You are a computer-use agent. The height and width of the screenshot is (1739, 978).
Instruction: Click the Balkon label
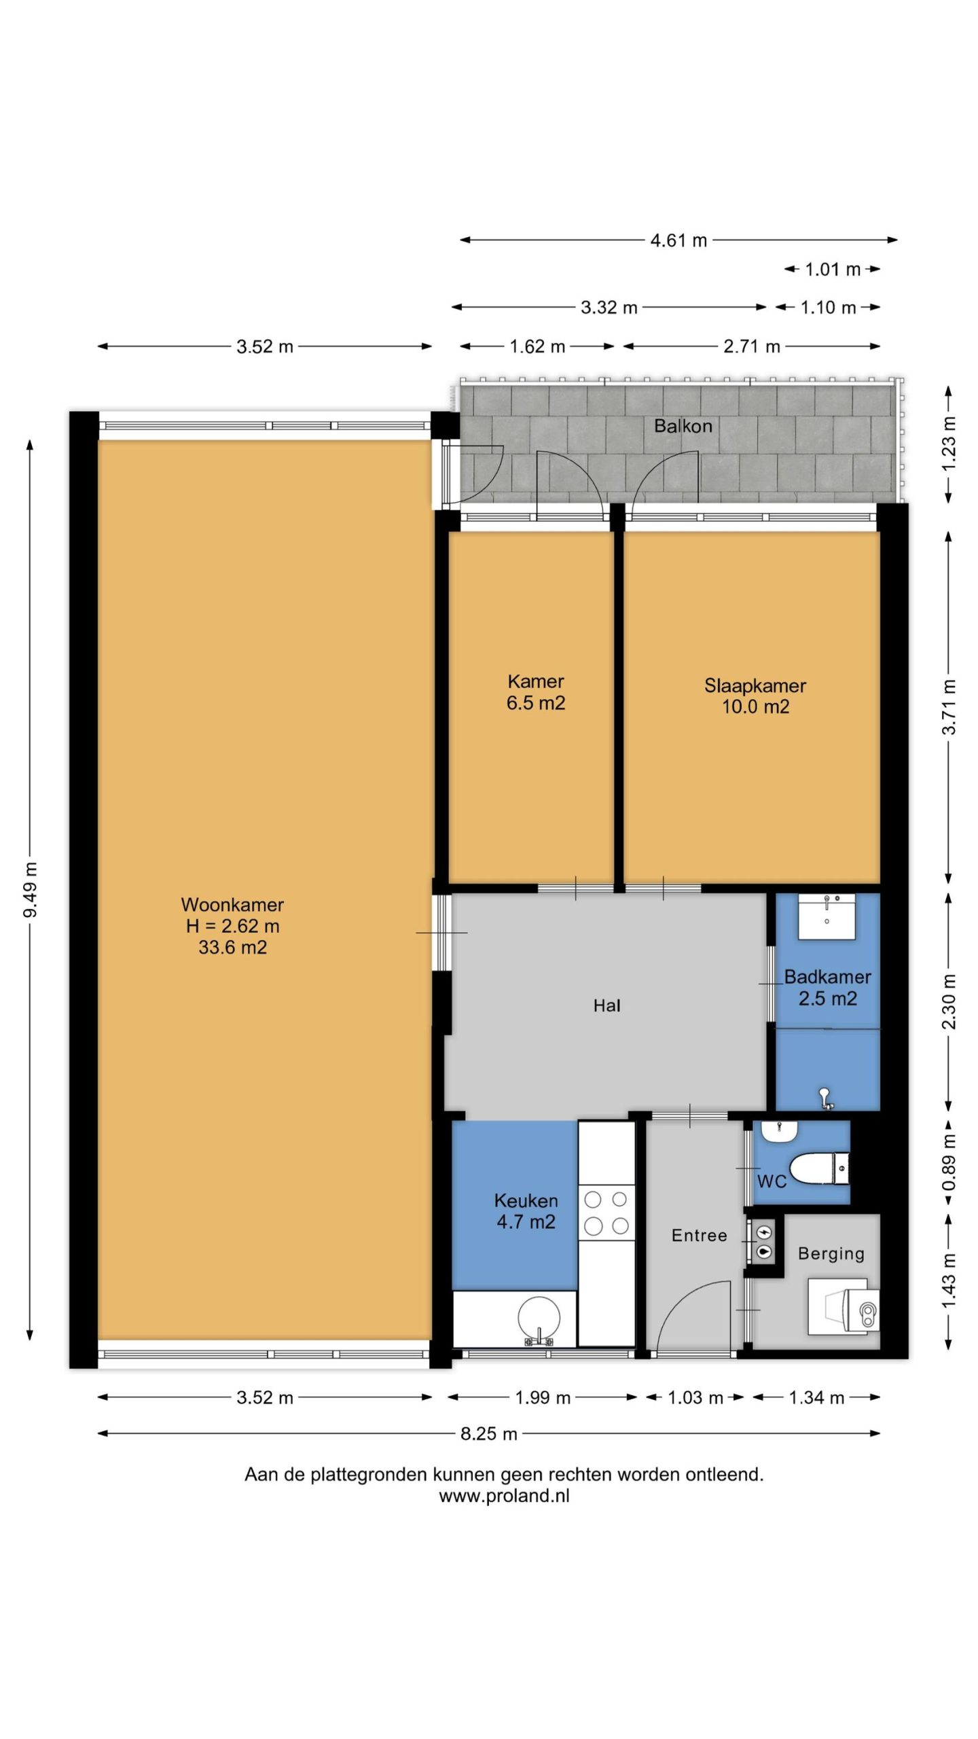pos(683,426)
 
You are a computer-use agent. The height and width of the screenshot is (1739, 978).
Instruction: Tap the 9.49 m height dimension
pos(30,890)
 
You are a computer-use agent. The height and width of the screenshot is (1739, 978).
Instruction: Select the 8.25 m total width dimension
pos(489,1433)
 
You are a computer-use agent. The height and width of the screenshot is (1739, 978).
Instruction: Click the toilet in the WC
pos(819,1168)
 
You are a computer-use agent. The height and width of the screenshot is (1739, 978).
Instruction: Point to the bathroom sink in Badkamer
pos(827,916)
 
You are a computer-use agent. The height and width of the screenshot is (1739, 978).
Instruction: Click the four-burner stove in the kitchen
pos(606,1212)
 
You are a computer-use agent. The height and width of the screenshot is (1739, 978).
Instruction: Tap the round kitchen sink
pos(539,1319)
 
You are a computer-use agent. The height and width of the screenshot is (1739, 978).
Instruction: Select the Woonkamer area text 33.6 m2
pos(232,947)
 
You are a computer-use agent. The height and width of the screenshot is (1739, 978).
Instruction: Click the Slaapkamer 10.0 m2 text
pos(755,696)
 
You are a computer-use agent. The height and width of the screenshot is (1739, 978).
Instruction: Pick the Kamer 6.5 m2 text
pos(536,692)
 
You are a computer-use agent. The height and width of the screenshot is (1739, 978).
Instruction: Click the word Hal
pos(606,1005)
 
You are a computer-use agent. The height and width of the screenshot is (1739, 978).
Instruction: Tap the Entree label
pos(699,1235)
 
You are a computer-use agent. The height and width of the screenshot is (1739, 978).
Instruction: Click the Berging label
pos(831,1254)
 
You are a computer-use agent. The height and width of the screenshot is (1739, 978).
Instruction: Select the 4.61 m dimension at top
pos(679,240)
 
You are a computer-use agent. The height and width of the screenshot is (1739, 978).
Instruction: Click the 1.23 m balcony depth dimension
pos(949,445)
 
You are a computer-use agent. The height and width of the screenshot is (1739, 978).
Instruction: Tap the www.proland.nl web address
pos(504,1496)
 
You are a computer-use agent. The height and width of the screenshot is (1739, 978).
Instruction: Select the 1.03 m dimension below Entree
pos(695,1397)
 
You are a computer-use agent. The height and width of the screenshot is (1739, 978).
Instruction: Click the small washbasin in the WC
pos(778,1132)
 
